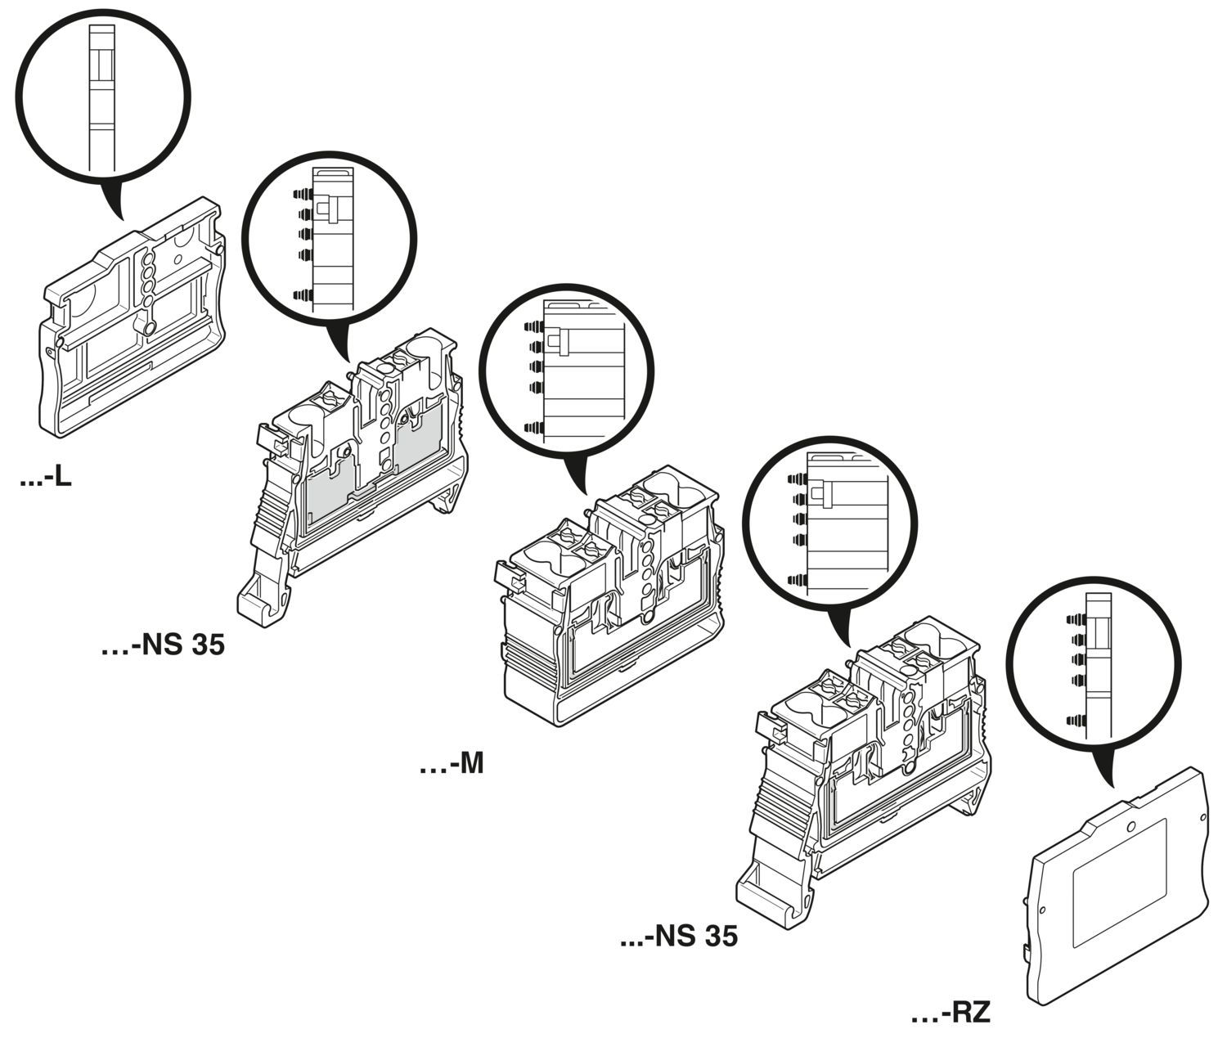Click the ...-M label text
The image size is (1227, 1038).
tap(452, 765)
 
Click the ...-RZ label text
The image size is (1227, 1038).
tap(951, 1013)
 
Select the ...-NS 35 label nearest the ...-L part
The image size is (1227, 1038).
tap(163, 645)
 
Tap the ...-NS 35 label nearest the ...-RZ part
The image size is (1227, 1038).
tap(678, 936)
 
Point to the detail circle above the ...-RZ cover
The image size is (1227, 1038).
tap(1096, 667)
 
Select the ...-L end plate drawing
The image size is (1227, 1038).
tap(132, 317)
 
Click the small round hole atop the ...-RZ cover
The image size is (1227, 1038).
tap(1130, 827)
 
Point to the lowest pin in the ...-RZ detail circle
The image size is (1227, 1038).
tap(1076, 721)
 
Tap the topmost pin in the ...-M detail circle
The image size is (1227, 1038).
tap(534, 326)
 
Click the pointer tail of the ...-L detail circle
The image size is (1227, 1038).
tap(112, 199)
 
